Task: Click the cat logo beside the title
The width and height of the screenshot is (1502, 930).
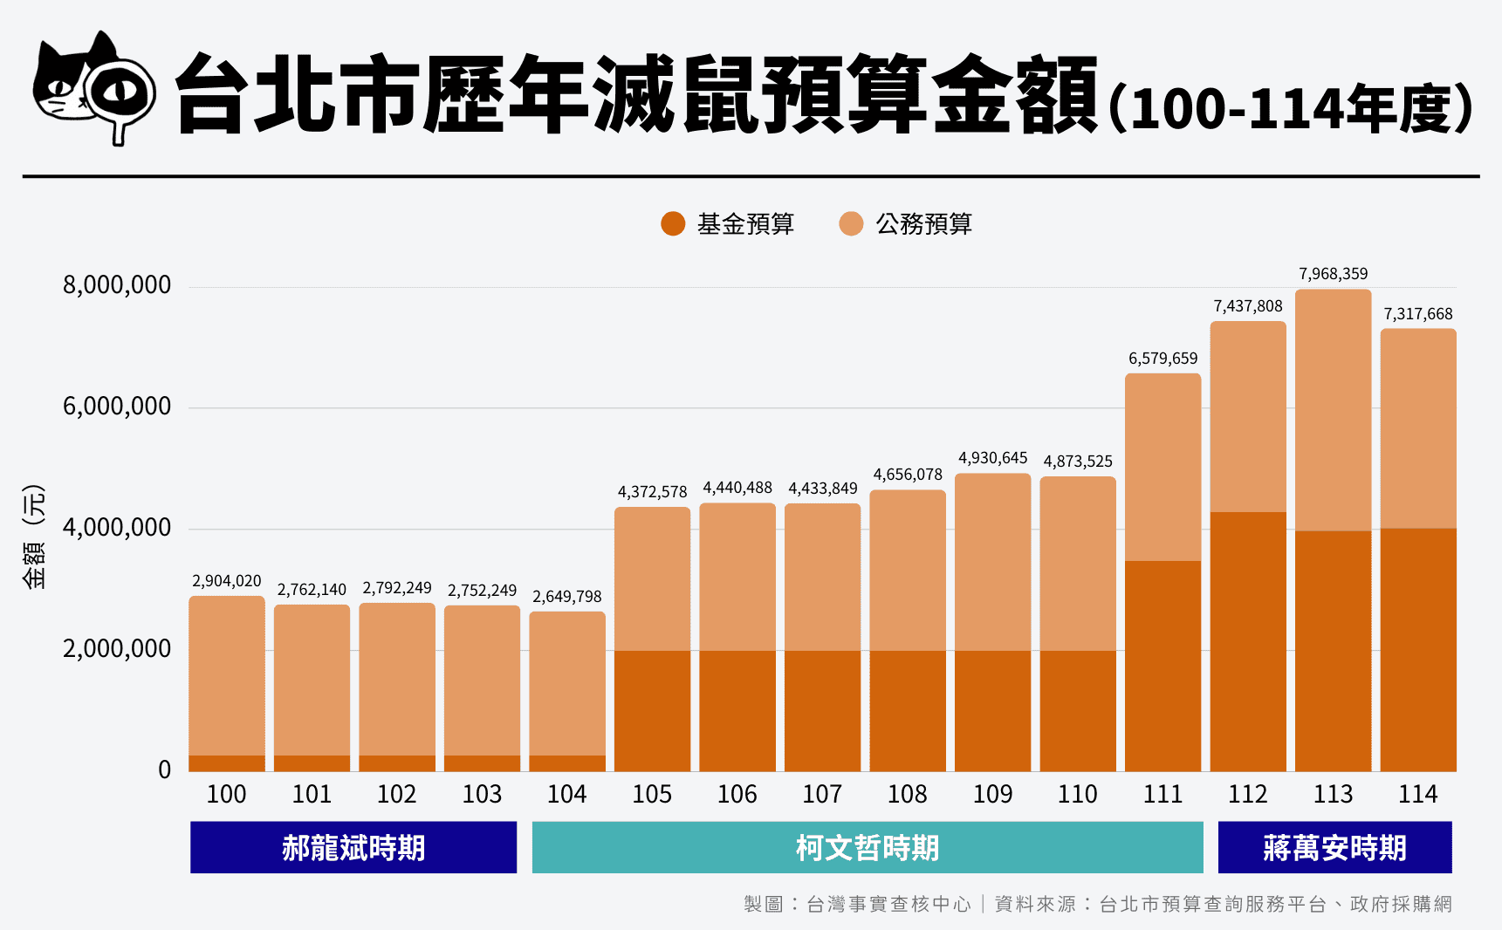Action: (x=94, y=87)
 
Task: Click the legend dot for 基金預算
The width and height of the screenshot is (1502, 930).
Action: (x=673, y=224)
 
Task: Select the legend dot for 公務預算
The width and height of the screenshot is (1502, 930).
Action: (x=851, y=224)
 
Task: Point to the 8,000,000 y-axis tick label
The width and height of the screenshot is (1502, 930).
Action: (x=117, y=285)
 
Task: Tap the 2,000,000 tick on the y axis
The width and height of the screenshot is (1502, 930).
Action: (x=117, y=649)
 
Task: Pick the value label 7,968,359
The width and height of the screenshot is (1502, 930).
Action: (x=1333, y=274)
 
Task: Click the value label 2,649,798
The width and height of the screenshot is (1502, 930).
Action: (x=566, y=597)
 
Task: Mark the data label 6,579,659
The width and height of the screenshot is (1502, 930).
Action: (x=1163, y=359)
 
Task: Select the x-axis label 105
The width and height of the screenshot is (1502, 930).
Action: (x=652, y=794)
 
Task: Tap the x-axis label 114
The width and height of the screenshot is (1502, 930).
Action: (x=1417, y=794)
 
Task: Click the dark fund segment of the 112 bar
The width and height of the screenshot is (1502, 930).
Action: (x=1248, y=641)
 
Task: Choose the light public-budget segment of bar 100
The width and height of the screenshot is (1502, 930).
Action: (x=227, y=676)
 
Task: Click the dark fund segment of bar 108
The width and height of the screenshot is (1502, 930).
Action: (x=908, y=711)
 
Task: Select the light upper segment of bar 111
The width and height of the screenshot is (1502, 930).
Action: (x=1163, y=467)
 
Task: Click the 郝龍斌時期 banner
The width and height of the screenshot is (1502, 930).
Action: (x=353, y=847)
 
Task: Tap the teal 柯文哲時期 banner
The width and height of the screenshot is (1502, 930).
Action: (x=867, y=847)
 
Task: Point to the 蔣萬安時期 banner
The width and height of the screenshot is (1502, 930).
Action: (x=1334, y=847)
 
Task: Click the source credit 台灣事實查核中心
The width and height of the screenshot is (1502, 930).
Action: (x=888, y=904)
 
